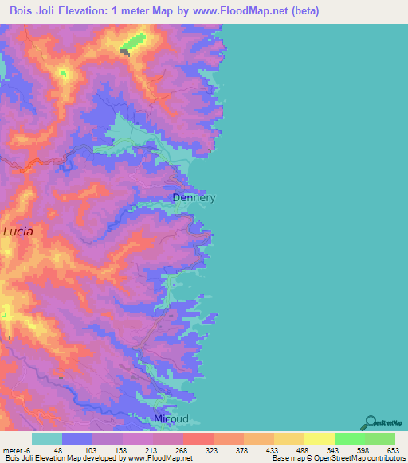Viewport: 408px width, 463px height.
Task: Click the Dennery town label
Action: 194,198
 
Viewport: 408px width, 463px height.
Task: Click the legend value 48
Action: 57,449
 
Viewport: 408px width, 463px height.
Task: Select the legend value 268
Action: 182,449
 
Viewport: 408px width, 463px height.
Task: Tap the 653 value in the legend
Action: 392,449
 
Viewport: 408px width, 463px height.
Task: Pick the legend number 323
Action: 213,449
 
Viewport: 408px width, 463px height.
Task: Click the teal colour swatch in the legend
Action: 47,438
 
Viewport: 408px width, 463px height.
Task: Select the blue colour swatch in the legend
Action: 77,438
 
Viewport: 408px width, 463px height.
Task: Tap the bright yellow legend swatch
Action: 320,438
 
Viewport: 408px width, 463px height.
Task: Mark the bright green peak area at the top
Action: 135,41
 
